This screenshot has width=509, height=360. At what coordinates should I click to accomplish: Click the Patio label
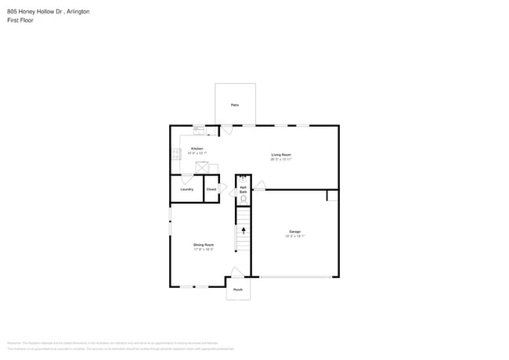coord(235,104)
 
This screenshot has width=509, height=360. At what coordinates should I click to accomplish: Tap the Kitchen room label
coord(197,149)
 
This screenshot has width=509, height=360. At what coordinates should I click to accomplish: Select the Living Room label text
coord(281,155)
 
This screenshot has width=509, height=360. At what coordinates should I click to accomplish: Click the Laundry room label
coord(187,189)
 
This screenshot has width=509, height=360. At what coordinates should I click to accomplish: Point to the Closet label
coord(211,189)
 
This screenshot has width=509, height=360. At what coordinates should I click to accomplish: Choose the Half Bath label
coord(243,189)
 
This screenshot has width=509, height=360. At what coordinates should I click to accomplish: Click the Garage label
coord(295,232)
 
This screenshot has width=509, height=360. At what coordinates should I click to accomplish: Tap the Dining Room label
coord(204,245)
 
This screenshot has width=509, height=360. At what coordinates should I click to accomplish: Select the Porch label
coord(238,290)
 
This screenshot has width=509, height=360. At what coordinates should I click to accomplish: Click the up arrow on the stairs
coord(244,231)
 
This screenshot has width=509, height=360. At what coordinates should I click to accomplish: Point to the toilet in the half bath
coord(243,199)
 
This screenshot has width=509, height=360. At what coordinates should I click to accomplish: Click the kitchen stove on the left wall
coord(176,154)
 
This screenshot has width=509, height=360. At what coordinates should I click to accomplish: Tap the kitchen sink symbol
coord(199,130)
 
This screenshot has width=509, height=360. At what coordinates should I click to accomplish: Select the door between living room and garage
coord(259,185)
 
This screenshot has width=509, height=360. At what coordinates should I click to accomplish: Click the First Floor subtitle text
coord(20,20)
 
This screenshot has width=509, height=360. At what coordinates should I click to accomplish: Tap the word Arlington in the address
coord(78,12)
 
